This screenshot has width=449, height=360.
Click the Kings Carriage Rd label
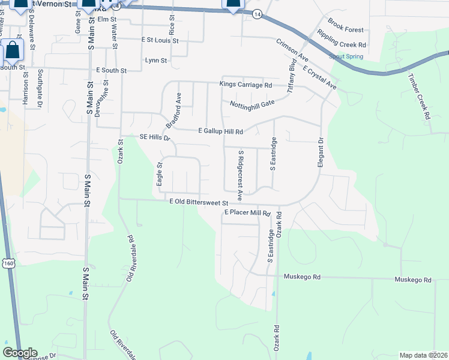(246, 85)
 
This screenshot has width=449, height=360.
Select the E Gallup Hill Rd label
(220, 131)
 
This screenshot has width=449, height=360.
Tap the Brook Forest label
(347, 29)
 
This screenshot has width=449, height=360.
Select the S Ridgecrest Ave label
(240, 175)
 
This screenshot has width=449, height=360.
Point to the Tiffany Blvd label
(292, 75)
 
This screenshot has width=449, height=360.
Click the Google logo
(20, 353)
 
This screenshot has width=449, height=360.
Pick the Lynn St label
(156, 61)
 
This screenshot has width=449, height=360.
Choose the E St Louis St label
(160, 40)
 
